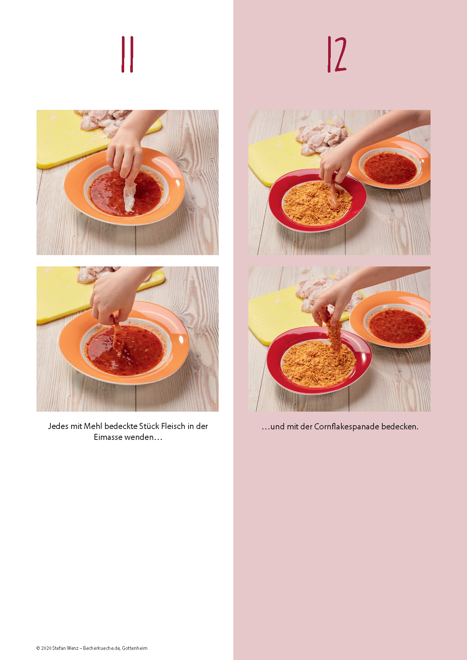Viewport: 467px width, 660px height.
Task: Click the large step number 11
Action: click(127, 55)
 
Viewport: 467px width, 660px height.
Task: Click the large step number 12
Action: click(337, 55)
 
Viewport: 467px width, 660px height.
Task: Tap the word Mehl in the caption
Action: click(93, 426)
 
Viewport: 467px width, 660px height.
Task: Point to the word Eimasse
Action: click(108, 437)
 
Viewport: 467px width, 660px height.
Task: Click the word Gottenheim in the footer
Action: click(135, 648)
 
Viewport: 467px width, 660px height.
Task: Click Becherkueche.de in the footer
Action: click(102, 648)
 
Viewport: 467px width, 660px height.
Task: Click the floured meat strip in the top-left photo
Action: click(129, 196)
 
